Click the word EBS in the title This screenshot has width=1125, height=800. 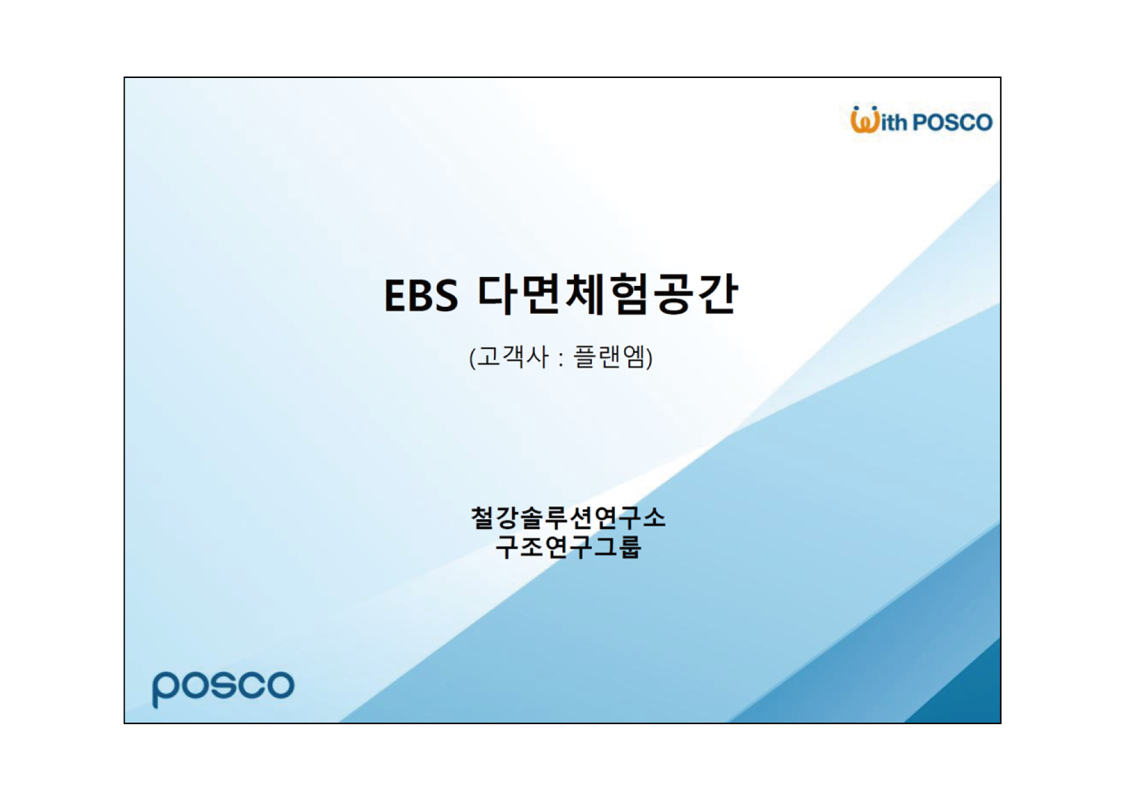point(420,296)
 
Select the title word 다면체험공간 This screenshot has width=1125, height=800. point(607,294)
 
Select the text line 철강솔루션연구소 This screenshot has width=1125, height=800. point(568,517)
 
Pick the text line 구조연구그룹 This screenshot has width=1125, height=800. point(568,547)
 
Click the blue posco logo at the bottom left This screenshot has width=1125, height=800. point(223,688)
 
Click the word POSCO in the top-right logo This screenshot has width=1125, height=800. point(952,122)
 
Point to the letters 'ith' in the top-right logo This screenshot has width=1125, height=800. point(894,122)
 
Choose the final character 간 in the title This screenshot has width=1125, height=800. point(718,294)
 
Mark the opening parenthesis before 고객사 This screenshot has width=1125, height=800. point(472,358)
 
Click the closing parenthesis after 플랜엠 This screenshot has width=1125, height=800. point(650,358)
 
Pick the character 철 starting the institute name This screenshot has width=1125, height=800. point(482,517)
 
